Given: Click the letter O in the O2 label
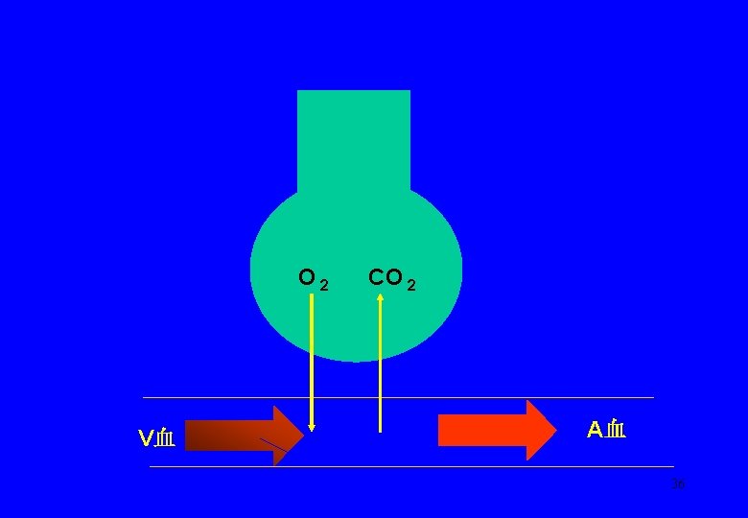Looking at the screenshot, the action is point(307,278).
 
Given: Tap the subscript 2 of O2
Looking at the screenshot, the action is point(324,285).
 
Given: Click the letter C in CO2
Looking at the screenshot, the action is point(377,278).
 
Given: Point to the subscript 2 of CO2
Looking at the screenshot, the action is point(411,285).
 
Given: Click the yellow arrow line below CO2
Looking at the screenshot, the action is point(381,365).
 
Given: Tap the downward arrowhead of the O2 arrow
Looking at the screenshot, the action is point(311,427).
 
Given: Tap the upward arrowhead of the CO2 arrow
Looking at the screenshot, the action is point(381,297).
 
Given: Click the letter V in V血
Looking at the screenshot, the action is point(146,439).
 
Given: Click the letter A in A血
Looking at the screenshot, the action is point(595,430).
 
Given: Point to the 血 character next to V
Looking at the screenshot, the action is point(165,439).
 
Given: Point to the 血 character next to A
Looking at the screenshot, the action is point(616,430).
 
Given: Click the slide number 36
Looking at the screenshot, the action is point(678,484).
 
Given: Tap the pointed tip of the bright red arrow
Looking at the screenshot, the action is point(553,430).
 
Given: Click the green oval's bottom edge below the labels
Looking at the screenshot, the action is point(355,360).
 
